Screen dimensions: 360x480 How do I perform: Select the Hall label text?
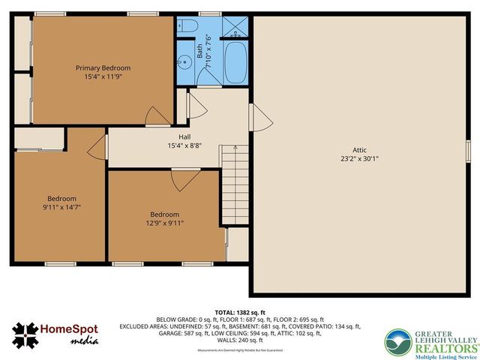tap(184, 136)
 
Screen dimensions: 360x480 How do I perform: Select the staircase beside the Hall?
tap(235, 180)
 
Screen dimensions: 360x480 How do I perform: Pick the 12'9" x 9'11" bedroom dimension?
tap(164, 223)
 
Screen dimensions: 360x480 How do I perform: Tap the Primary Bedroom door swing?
tap(158, 115)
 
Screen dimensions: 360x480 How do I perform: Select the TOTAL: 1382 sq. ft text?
tap(240, 312)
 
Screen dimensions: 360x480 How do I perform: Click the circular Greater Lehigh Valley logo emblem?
tap(397, 342)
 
